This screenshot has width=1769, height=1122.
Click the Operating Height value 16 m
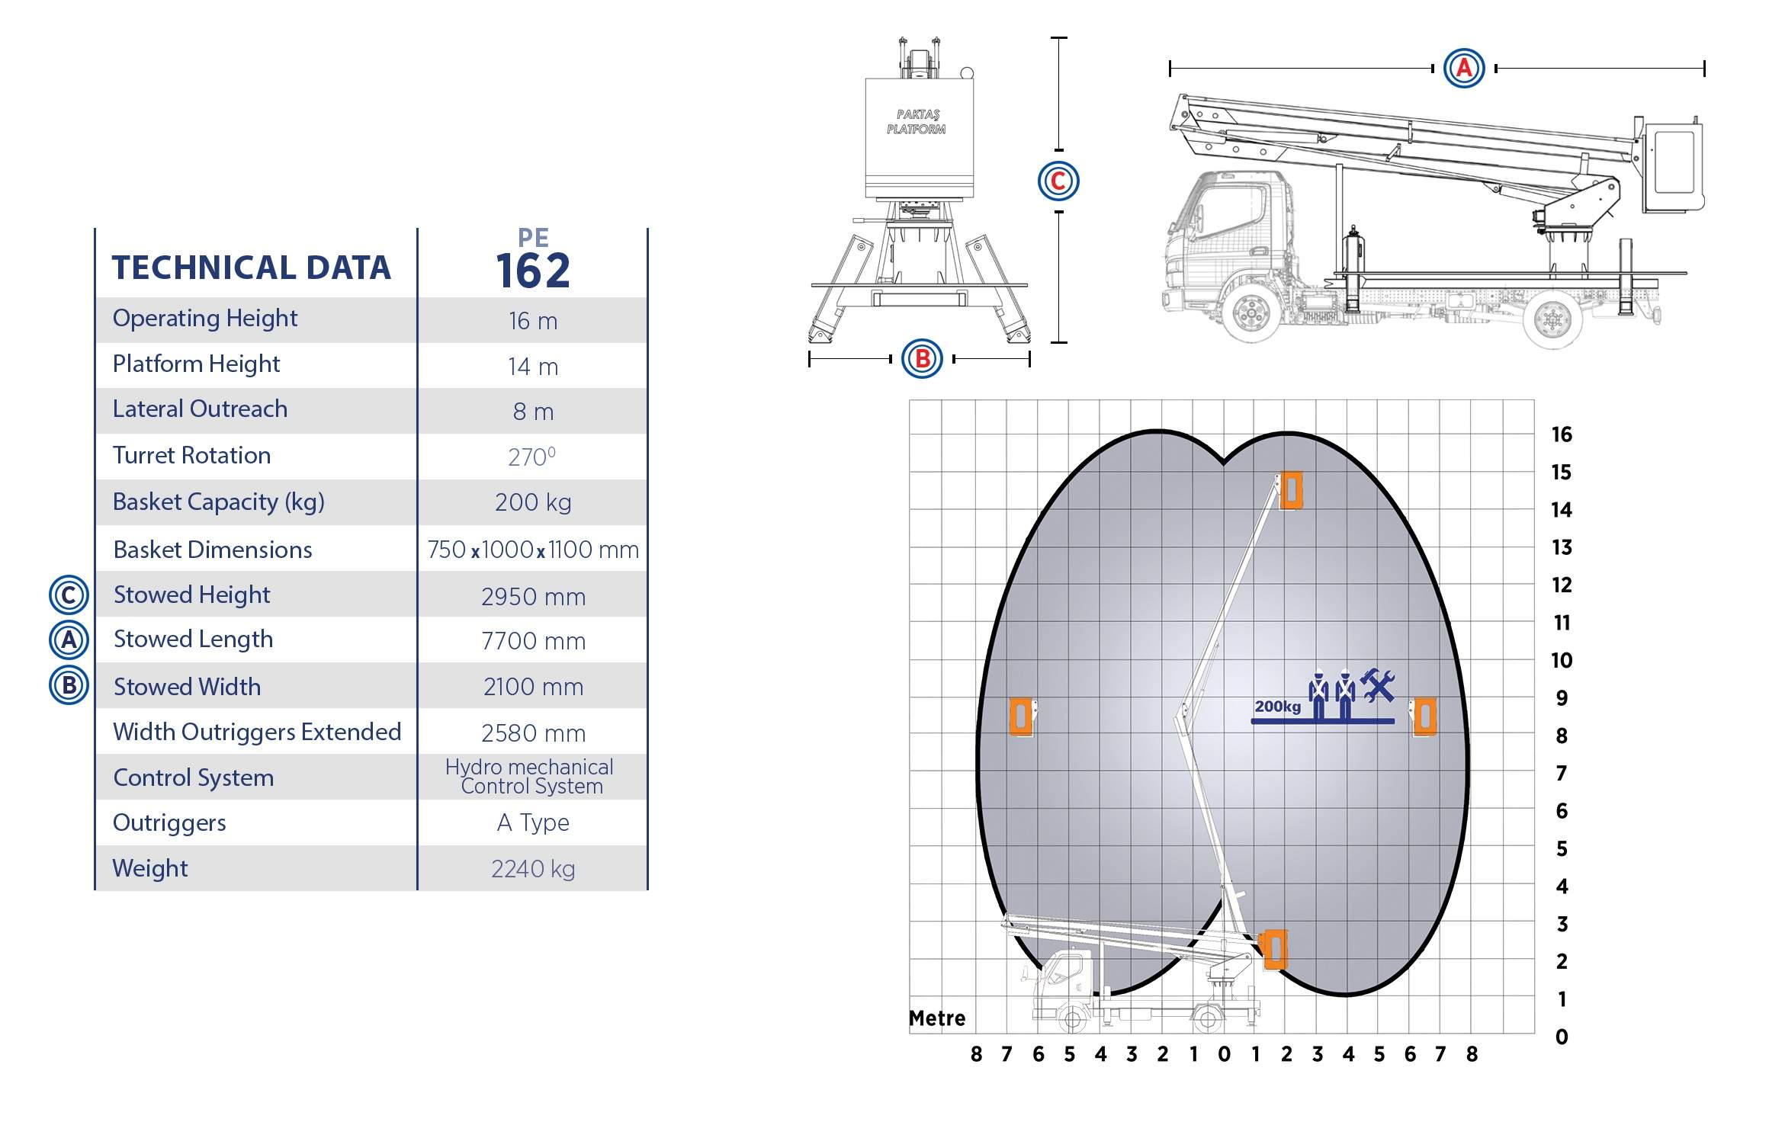533,321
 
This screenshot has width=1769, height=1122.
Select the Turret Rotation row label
191,455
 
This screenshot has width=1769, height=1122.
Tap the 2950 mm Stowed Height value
533,596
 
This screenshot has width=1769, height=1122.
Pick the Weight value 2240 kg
533,869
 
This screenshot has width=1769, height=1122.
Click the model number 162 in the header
533,271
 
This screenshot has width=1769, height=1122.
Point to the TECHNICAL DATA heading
251,268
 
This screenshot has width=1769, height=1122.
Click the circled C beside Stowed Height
69,595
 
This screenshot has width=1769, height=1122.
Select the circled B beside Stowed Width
69,685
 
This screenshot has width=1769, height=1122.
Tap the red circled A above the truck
1464,68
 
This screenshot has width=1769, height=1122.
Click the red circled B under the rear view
922,358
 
